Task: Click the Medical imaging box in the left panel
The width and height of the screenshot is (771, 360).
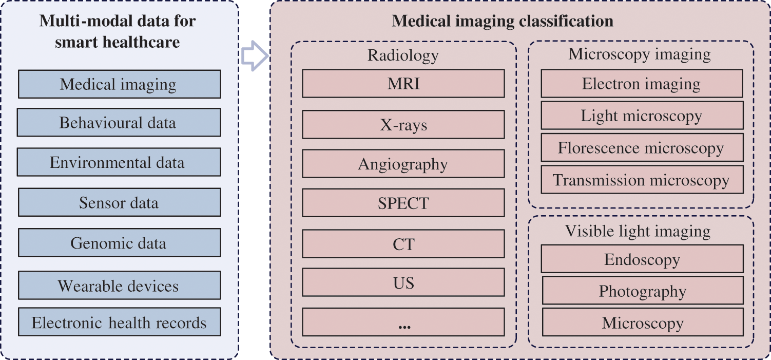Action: tap(119, 84)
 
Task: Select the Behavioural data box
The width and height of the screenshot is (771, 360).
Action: tap(119, 123)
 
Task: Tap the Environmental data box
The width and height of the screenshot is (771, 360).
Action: tap(119, 162)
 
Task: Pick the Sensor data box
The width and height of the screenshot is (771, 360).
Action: tap(119, 202)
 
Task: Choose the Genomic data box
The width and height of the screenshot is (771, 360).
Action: tap(119, 242)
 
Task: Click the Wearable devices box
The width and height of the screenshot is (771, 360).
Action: tap(119, 286)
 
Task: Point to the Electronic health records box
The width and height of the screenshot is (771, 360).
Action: tap(119, 323)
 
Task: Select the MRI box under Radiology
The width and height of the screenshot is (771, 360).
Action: tap(403, 84)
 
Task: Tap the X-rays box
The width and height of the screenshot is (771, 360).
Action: tap(403, 125)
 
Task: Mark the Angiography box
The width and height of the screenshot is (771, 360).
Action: tap(403, 164)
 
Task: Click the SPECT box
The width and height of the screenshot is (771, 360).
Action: tap(403, 203)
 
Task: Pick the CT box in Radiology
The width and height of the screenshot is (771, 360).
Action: tap(403, 244)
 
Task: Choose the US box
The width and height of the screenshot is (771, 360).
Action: tap(403, 282)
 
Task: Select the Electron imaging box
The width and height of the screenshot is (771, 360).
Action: tap(642, 84)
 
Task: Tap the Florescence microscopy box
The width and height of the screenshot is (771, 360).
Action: tap(642, 148)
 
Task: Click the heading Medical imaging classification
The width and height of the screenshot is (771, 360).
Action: tap(503, 21)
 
